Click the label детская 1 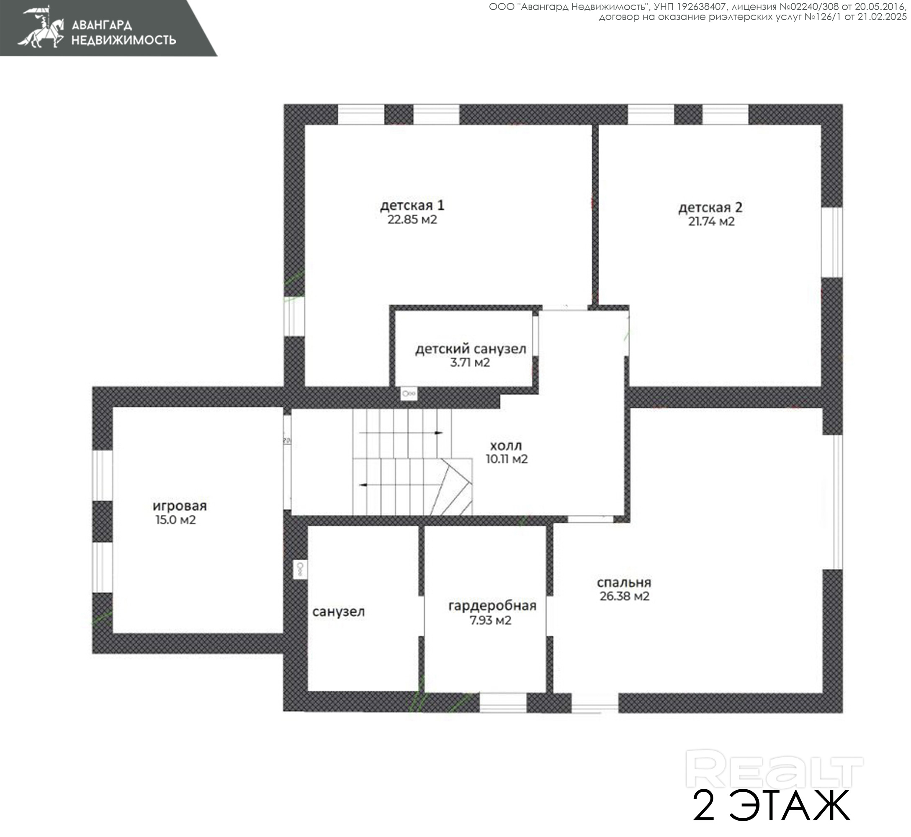pos(412,205)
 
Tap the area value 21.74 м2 pos(711,221)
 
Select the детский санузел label pos(471,349)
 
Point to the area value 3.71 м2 pos(470,363)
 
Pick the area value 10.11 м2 pos(507,459)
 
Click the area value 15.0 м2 pos(176,520)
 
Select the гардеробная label pos(492,606)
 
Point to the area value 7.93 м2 pos(491,621)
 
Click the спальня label pos(624,583)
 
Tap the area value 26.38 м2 pos(624,596)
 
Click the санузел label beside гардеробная pos(338,612)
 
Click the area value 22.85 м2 pos(412,220)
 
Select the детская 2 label pos(710,208)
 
